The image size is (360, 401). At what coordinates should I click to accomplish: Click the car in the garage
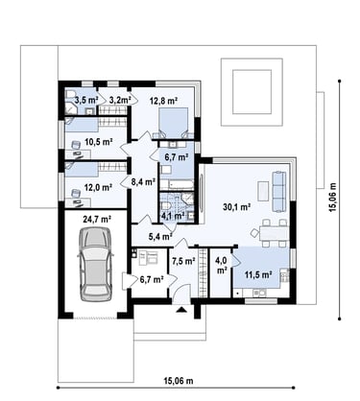tap(95, 264)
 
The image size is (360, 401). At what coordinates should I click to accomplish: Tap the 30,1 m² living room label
tap(236, 207)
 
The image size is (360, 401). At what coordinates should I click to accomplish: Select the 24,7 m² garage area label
tap(97, 219)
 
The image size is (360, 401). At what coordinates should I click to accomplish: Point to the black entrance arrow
tap(181, 309)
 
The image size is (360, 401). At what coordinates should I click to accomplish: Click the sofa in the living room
tap(278, 191)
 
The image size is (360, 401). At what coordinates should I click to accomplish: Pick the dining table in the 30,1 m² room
tap(274, 233)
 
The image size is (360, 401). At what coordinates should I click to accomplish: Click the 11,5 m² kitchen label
tap(258, 274)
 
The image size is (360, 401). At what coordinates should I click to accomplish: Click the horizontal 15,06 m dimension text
tap(179, 381)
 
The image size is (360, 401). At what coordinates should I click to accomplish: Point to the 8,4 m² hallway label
tap(143, 182)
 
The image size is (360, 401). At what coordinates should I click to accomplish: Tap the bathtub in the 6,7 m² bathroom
tap(177, 185)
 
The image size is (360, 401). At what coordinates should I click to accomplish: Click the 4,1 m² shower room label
tap(173, 215)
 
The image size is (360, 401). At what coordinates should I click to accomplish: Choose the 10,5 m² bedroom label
tap(99, 141)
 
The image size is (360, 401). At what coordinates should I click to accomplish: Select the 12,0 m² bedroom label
tap(98, 187)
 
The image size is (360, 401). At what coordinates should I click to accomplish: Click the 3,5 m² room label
tap(86, 100)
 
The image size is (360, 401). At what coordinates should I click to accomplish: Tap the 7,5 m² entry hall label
tap(183, 261)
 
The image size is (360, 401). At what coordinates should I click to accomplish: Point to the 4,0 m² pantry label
tap(221, 265)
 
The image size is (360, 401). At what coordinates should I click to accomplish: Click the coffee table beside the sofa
tap(263, 191)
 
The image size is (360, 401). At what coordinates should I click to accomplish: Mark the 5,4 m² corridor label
tap(160, 237)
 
